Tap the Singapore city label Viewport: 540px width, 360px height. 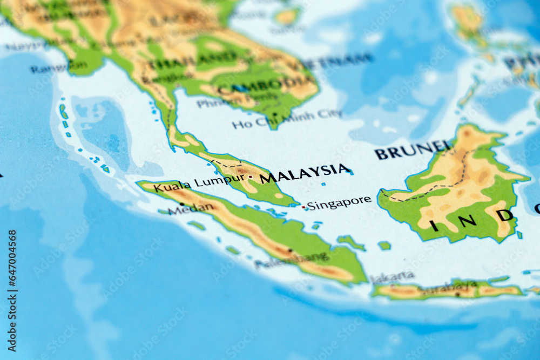[339, 202]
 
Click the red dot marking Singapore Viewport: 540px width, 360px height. [303, 207]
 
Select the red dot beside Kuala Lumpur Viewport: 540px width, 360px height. [251, 176]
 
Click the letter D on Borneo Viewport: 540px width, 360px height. [504, 215]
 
